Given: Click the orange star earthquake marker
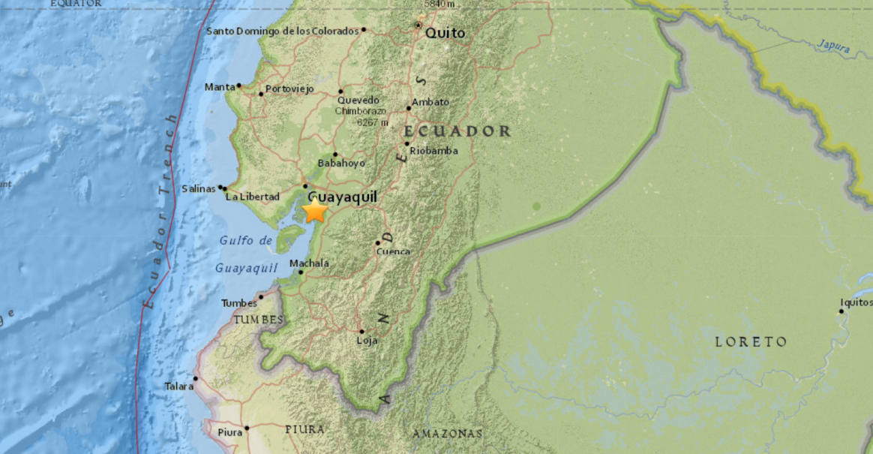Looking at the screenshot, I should (x=315, y=211).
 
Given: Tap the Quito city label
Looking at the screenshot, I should (x=445, y=33).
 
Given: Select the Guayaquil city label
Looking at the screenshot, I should (x=342, y=196).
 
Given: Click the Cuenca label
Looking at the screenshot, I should (x=393, y=251).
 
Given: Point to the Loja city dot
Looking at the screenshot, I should (x=361, y=331).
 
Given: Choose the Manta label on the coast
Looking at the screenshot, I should (x=220, y=87).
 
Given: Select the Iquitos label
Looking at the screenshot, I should (x=856, y=302).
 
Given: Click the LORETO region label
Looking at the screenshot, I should (x=751, y=342).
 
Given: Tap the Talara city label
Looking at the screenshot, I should (x=178, y=386).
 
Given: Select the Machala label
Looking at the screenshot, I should (x=309, y=263).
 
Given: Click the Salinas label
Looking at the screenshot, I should (x=199, y=188).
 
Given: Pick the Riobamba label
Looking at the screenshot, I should (x=433, y=151).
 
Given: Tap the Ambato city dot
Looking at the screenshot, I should (x=409, y=108).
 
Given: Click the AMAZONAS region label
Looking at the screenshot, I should (x=447, y=434).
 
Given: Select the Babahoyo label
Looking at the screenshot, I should (x=341, y=163).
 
